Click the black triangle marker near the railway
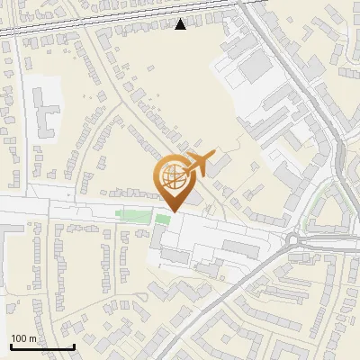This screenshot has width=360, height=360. coord(181,24)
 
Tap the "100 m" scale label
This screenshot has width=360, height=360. coord(23,338)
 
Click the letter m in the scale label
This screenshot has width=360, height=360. coord(32,338)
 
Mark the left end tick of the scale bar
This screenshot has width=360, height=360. coord(11,346)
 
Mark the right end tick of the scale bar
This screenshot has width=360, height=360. coord(74,346)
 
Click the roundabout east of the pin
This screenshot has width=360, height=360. coord(293,239)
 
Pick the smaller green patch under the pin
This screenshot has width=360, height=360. coord(163,219)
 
